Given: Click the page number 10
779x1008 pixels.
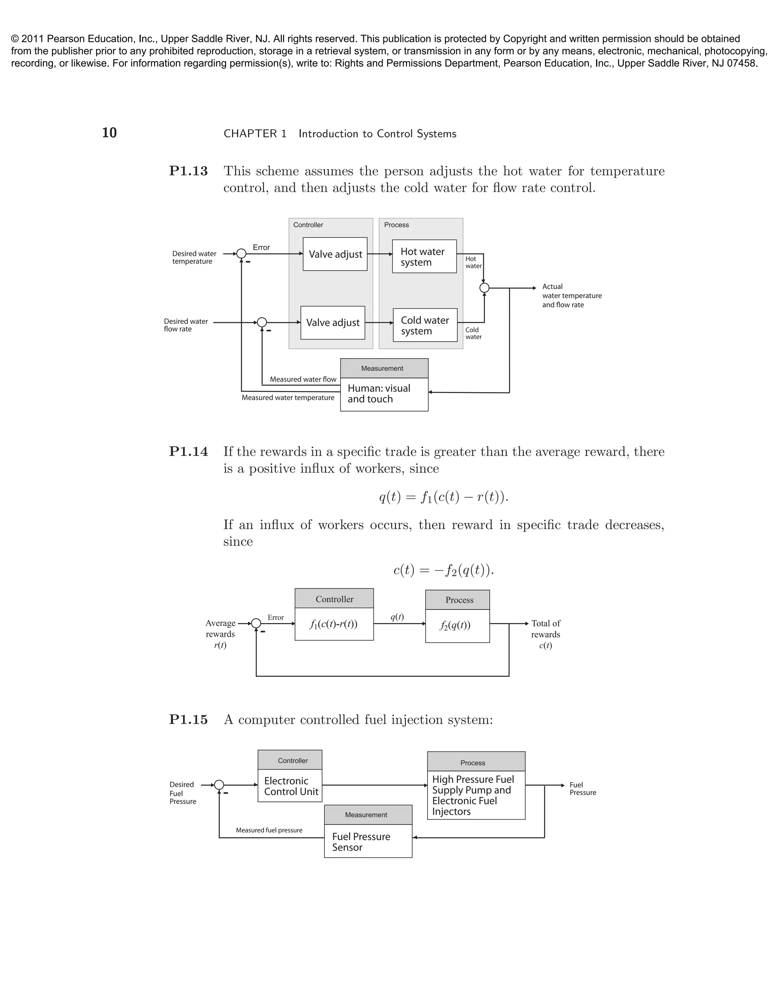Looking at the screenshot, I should [110, 133].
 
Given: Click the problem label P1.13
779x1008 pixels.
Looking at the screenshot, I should [188, 171].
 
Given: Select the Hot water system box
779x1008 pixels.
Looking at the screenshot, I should [424, 257].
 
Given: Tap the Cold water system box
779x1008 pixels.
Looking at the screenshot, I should [425, 325].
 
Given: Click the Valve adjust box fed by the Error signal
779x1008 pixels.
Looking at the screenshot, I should [335, 254].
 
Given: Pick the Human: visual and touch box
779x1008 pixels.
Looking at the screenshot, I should [384, 394].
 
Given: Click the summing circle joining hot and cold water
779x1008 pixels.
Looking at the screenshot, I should [484, 288].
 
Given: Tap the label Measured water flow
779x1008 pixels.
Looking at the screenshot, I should [303, 379].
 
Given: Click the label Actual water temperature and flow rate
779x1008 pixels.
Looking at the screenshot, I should [571, 296].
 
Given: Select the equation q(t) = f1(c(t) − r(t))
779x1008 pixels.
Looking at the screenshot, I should [444, 497].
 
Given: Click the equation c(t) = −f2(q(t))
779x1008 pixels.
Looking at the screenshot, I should [444, 570].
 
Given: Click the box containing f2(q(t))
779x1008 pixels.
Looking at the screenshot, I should [457, 625].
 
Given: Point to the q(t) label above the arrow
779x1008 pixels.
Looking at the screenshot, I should [397, 617].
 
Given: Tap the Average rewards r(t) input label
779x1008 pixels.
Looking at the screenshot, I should [220, 634].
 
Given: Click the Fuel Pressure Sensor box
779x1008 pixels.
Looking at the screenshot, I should [368, 842].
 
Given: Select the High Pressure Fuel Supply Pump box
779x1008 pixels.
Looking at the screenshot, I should [476, 795].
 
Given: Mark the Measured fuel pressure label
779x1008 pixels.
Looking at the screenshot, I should [269, 830].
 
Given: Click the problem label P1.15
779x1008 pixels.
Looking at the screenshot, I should [188, 720].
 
